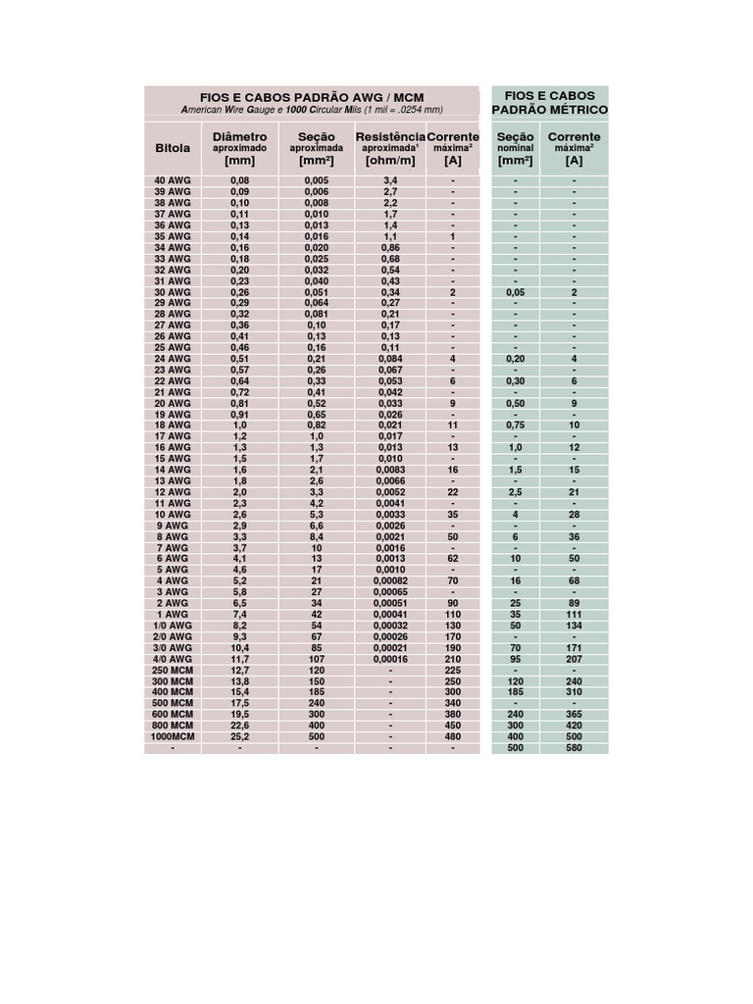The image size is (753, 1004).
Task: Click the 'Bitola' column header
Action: (x=174, y=147)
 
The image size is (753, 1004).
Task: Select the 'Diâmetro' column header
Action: (x=239, y=136)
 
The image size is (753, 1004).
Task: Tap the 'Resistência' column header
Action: (x=390, y=136)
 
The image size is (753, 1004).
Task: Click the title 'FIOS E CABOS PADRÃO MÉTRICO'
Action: (x=550, y=102)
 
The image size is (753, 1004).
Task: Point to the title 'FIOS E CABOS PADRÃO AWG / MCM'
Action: (x=312, y=98)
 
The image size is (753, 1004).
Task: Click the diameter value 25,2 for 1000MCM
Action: (x=239, y=736)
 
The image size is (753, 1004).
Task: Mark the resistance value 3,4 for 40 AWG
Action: (x=390, y=181)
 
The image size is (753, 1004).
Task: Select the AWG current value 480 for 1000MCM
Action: (x=453, y=736)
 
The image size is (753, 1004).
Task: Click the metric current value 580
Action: (x=575, y=747)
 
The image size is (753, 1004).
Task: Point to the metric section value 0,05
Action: (x=515, y=292)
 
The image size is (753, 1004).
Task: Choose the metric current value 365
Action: (x=575, y=715)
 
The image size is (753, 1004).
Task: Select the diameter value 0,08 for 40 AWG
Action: (x=239, y=181)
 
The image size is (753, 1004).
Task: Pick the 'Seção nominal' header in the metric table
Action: (x=515, y=147)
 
